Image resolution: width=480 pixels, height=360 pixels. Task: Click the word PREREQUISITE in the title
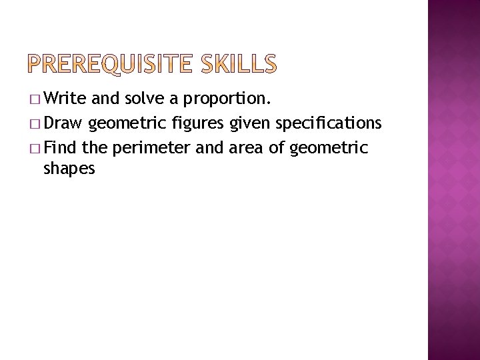coord(113,65)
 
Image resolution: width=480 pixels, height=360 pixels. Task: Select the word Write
coord(67,100)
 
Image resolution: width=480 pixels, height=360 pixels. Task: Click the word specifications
coord(327,124)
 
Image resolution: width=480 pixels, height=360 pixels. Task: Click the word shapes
coord(69,169)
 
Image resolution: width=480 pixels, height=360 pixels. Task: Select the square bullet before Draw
coord(35,124)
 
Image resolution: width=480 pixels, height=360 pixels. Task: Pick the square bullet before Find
coord(35,147)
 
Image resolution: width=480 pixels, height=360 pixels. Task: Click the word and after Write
coord(107,100)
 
